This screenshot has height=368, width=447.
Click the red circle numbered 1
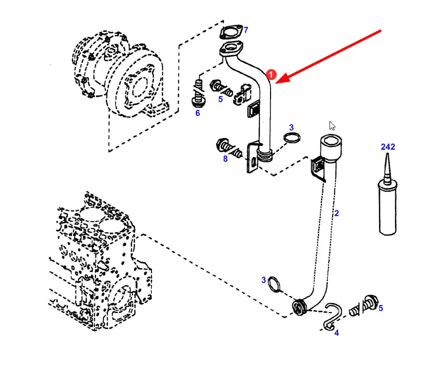pos(270,74)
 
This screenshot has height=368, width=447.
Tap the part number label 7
pos(245,30)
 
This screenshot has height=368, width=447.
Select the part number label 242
pos(387,147)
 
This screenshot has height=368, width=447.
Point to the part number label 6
pos(197,113)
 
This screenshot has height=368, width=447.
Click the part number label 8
pos(225,159)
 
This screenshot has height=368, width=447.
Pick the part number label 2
pos(336,213)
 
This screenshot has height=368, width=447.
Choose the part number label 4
pos(336,332)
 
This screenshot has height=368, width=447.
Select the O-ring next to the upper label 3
pos(292,138)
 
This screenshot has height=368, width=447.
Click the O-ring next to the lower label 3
pos(274,284)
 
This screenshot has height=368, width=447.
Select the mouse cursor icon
pos(332,125)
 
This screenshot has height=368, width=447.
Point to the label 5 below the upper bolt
pos(220,99)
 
